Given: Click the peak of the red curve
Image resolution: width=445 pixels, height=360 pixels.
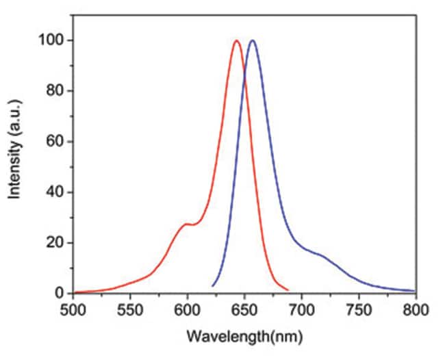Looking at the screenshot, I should pyautogui.click(x=236, y=41).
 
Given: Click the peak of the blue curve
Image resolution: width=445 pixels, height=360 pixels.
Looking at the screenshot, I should pyautogui.click(x=253, y=41).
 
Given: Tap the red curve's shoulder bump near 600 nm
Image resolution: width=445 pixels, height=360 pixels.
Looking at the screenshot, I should pyautogui.click(x=186, y=224).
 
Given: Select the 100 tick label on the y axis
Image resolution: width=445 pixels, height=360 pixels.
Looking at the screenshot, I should pyautogui.click(x=54, y=41).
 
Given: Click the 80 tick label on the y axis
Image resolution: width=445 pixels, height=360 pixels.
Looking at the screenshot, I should pyautogui.click(x=57, y=92).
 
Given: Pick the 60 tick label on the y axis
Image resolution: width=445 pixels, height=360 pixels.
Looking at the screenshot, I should pyautogui.click(x=57, y=142).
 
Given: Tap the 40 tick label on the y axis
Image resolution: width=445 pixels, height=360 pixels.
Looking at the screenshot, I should pyautogui.click(x=57, y=192).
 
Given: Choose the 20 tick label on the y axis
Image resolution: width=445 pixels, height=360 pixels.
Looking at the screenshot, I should pyautogui.click(x=57, y=243).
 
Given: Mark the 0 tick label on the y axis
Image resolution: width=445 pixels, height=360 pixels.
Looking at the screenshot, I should pyautogui.click(x=60, y=294).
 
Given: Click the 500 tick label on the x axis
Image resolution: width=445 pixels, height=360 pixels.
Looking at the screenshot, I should pyautogui.click(x=73, y=310).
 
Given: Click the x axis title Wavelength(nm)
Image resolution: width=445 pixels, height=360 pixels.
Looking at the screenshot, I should pyautogui.click(x=244, y=339).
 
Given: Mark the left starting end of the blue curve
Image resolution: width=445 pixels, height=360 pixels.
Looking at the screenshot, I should pyautogui.click(x=213, y=285).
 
